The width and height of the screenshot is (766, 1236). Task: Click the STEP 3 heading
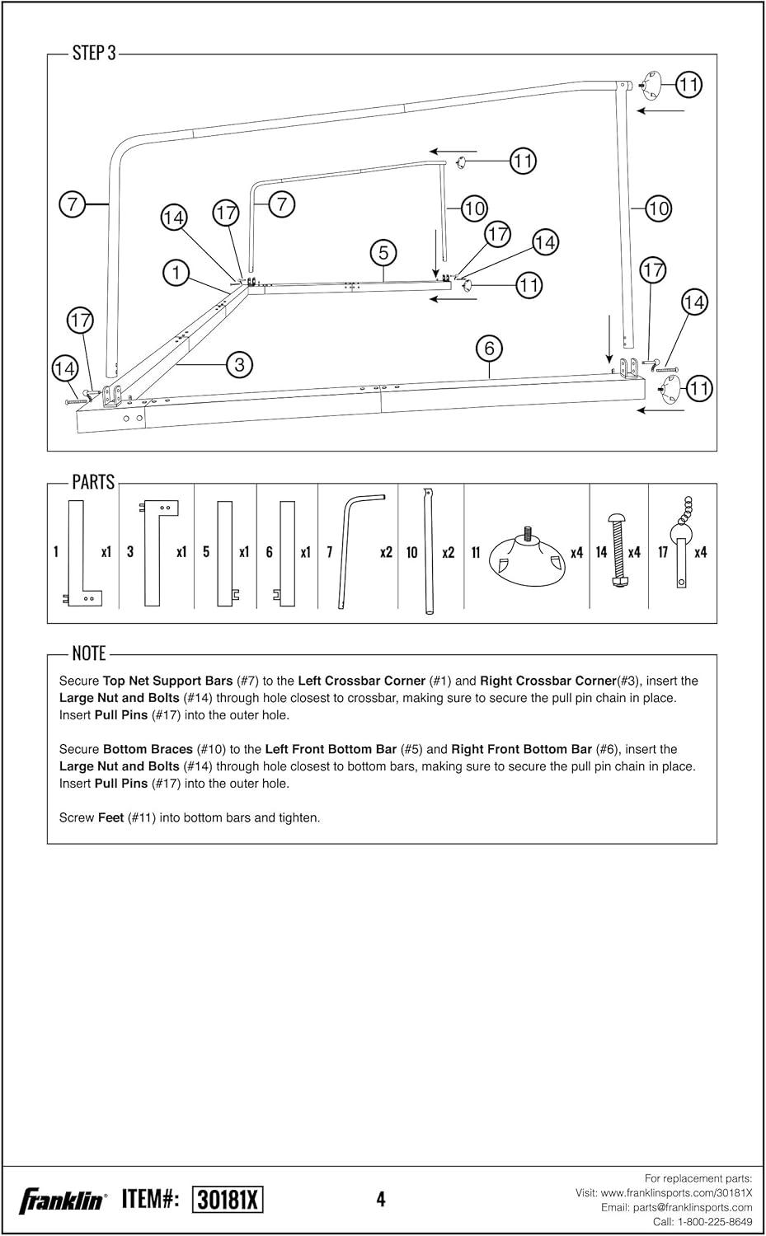tap(94, 54)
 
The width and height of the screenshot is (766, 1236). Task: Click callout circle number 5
tap(383, 252)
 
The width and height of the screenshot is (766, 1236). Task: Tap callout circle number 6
tap(489, 349)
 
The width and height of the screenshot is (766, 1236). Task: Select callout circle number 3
tap(239, 364)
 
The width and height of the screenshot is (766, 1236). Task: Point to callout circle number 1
tap(176, 272)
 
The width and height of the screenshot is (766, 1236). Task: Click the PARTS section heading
tap(93, 482)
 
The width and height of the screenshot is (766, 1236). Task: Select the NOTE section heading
tap(89, 653)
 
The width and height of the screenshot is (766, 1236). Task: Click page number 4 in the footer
tap(381, 1200)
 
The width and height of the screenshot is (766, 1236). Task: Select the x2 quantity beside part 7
tap(386, 552)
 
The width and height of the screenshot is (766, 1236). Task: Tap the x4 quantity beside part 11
tap(577, 553)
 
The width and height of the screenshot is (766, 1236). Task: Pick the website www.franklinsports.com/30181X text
tap(676, 1192)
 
